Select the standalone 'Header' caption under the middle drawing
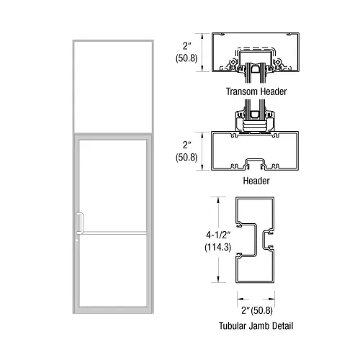(x=257, y=181)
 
